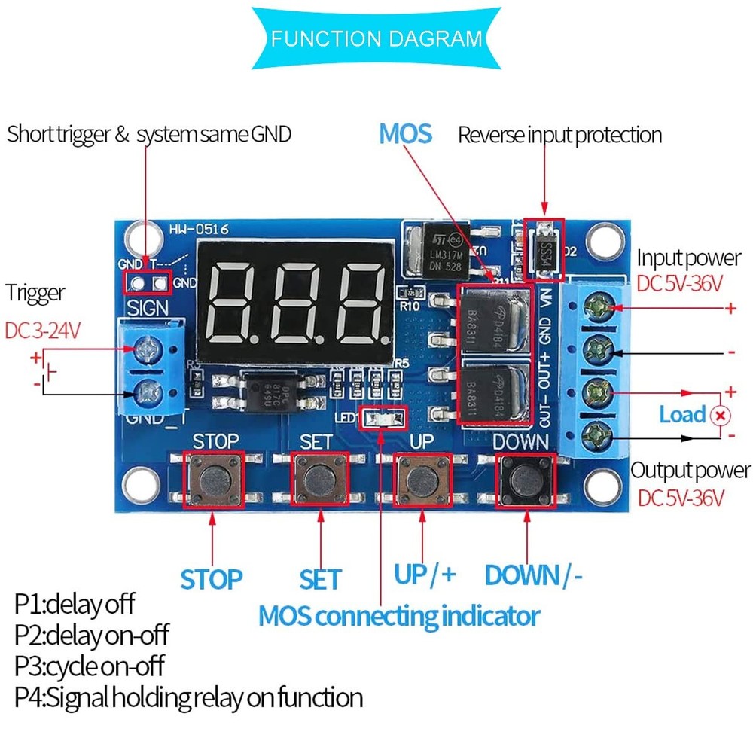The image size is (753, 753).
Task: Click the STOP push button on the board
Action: (215, 480)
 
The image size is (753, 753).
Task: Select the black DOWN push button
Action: (526, 480)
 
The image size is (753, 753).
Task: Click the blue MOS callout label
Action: (405, 134)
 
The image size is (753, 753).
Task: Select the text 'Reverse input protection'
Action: (559, 135)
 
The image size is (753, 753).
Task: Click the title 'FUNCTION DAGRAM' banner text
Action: (376, 38)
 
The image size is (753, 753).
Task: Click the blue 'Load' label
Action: (682, 415)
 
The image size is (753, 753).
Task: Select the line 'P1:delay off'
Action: (75, 604)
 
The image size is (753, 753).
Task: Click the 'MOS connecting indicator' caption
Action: (399, 616)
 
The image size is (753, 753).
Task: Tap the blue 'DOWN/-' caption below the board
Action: (533, 575)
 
